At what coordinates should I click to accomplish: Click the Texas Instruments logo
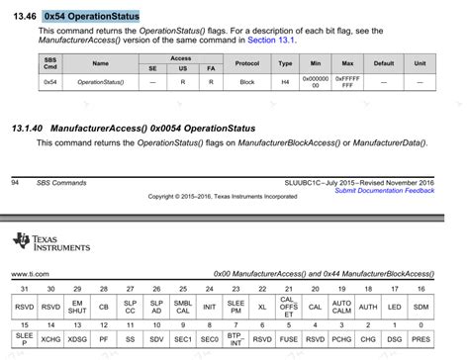coord(50,242)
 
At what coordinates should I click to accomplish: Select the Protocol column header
coord(247,63)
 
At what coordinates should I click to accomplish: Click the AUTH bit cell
coord(368,305)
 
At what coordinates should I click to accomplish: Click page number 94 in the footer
coord(15,182)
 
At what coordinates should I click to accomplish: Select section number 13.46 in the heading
coord(25,16)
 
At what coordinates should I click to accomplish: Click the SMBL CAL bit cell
coord(182,305)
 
